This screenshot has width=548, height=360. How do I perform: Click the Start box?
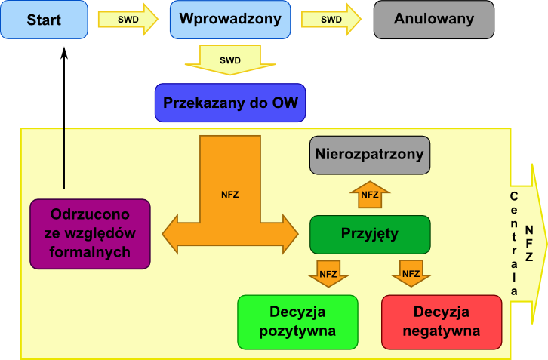click(x=44, y=20)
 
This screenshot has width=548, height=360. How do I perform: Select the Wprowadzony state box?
click(x=230, y=20)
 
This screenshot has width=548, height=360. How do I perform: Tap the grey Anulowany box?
click(x=434, y=20)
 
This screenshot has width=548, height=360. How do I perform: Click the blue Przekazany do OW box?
click(x=230, y=103)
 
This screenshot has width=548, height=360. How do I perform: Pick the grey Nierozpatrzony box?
click(x=369, y=155)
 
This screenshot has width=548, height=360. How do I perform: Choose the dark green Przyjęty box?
click(x=369, y=234)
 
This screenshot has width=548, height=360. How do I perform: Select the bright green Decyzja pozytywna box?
click(x=297, y=322)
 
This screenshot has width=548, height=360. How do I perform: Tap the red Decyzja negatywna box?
click(x=442, y=322)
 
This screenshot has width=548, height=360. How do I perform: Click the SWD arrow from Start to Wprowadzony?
click(x=128, y=20)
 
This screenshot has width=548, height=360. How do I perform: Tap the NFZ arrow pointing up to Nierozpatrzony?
click(x=369, y=195)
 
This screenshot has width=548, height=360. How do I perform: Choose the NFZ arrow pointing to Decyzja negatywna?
click(x=411, y=273)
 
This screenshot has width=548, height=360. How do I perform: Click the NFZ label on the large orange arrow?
click(x=230, y=195)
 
